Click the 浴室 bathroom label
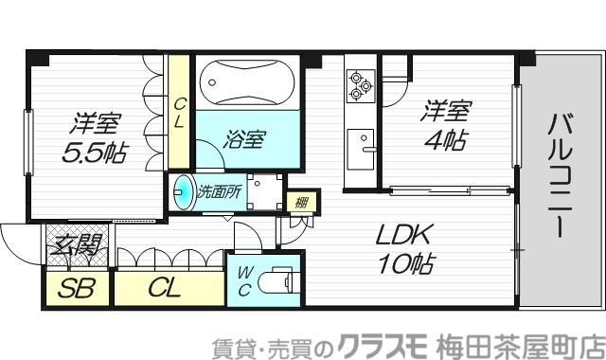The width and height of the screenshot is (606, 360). [x=244, y=139]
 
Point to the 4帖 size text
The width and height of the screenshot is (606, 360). [x=443, y=140]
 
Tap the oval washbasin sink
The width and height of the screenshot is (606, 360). [x=182, y=191]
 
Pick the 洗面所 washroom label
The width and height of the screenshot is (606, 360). [x=219, y=190]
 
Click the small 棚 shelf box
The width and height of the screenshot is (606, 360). [x=301, y=201]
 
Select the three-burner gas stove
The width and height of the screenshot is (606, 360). [x=359, y=85]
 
